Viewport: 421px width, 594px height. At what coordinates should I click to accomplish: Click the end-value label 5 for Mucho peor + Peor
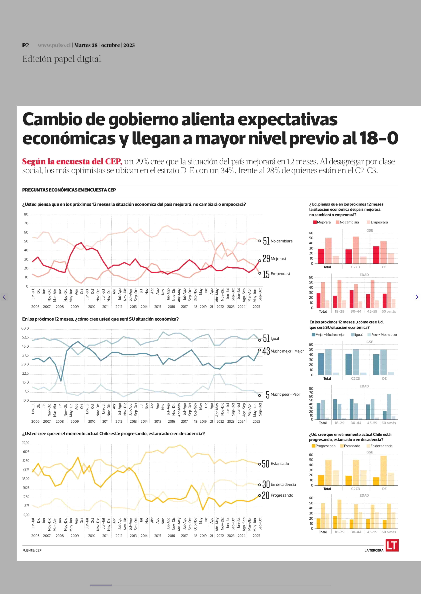(x=268, y=395)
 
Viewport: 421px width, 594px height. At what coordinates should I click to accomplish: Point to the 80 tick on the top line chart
(x=26, y=214)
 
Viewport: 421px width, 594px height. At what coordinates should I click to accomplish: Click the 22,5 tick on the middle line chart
(x=25, y=373)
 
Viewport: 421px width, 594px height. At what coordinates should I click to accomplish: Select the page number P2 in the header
(x=25, y=45)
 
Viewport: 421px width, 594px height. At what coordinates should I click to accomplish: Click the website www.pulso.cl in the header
(x=54, y=45)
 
